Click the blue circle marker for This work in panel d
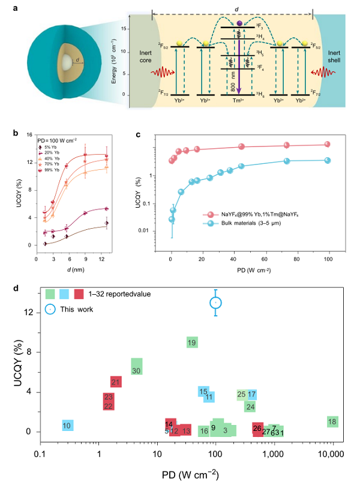(x=216, y=303)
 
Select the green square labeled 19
(x=192, y=342)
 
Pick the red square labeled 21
(x=116, y=382)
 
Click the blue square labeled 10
(x=67, y=426)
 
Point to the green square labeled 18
(x=332, y=421)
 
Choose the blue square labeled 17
(x=252, y=394)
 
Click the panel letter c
(x=139, y=135)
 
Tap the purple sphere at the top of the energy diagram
(x=239, y=23)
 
